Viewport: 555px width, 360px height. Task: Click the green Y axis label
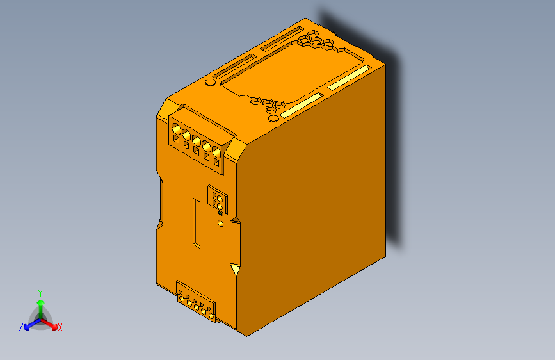pyautogui.click(x=40, y=292)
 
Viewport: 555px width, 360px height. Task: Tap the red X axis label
pyautogui.click(x=60, y=328)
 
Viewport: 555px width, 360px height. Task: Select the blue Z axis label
pyautogui.click(x=21, y=327)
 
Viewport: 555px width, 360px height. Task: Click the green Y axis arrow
pyautogui.click(x=40, y=304)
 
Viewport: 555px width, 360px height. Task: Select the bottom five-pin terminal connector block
pyautogui.click(x=196, y=303)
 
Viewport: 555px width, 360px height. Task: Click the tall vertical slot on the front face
pyautogui.click(x=197, y=223)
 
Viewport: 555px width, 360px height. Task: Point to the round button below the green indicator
pyautogui.click(x=221, y=224)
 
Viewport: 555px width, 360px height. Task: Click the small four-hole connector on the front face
pyautogui.click(x=216, y=199)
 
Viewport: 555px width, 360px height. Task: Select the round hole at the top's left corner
pyautogui.click(x=209, y=82)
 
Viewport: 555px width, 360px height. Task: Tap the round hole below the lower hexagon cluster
pyautogui.click(x=273, y=118)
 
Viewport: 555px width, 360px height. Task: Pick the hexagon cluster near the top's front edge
pyautogui.click(x=268, y=104)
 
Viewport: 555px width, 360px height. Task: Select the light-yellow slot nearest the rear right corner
pyautogui.click(x=349, y=78)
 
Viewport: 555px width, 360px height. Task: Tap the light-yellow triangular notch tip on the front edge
pyautogui.click(x=235, y=221)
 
